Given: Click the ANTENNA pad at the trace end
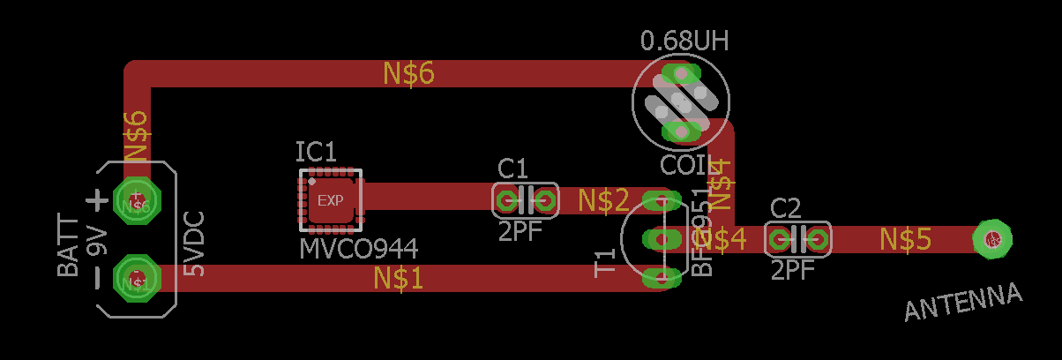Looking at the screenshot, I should [x=992, y=238].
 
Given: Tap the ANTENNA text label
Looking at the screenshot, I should [x=963, y=302].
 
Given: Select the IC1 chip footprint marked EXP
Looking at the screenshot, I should [x=331, y=200].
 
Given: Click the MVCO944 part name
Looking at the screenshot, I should [x=358, y=248].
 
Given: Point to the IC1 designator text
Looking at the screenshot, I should [x=316, y=153].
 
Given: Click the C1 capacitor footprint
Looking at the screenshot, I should [x=525, y=200].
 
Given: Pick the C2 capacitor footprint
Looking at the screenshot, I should [x=797, y=238].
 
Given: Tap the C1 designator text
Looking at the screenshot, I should [x=512, y=169].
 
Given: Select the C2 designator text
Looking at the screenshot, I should [x=785, y=208].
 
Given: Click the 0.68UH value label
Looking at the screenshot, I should [x=684, y=41].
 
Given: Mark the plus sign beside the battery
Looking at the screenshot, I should [x=97, y=200].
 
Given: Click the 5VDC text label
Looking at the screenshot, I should [x=193, y=244].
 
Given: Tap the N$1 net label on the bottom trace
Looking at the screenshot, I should [x=398, y=279].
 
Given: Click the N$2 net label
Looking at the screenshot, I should [x=603, y=201].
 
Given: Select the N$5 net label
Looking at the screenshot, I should [x=905, y=238].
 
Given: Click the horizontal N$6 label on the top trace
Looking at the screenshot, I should [x=408, y=74].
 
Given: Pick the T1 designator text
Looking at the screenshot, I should [x=606, y=263].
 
